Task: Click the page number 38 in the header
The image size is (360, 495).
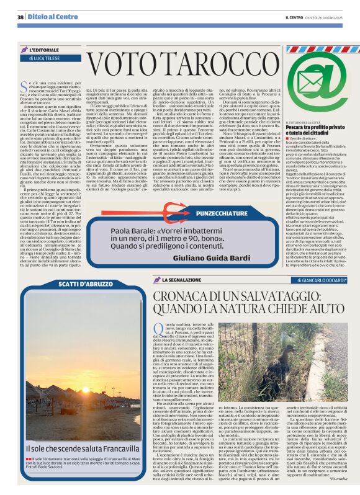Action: point(20,16)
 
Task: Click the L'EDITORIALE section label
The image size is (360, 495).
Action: point(43,48)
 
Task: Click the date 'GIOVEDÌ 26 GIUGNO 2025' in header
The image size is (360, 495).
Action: point(330,17)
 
